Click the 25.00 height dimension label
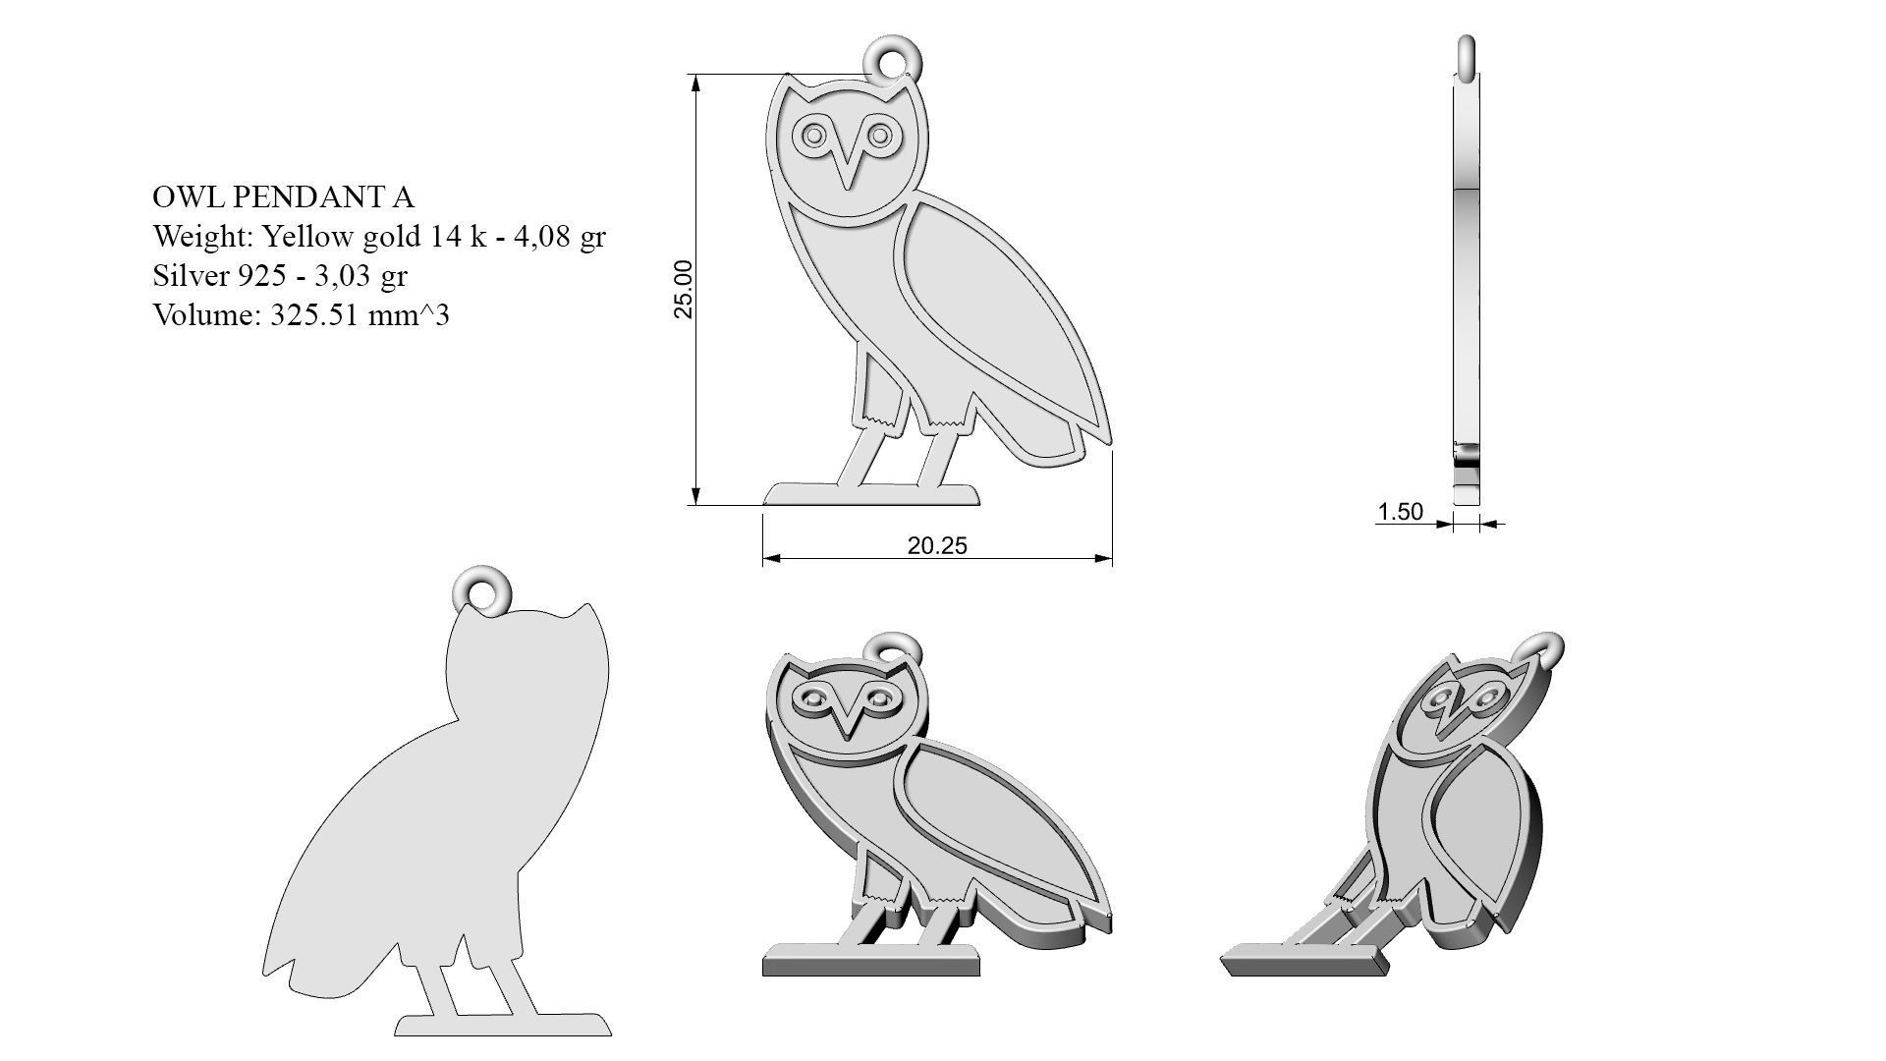click(x=684, y=289)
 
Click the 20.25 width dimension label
click(x=936, y=545)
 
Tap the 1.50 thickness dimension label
click(x=1400, y=511)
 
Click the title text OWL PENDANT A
click(x=283, y=197)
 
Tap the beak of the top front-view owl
click(x=847, y=167)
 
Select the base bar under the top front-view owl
click(x=871, y=494)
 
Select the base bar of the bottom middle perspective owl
click(x=870, y=960)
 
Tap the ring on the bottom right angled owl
click(x=1545, y=650)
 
